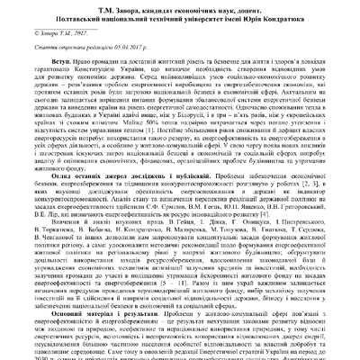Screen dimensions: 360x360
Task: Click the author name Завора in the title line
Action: (x=113, y=7)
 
